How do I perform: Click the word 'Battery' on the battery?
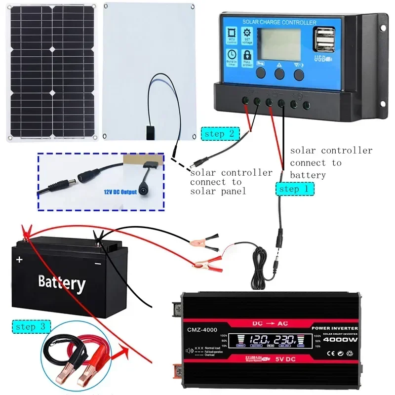click(x=62, y=282)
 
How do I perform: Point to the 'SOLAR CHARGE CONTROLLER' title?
click(x=278, y=22)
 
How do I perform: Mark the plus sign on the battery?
click(x=20, y=260)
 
